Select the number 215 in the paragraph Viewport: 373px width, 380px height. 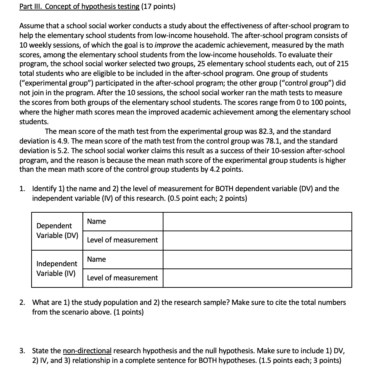[342, 64]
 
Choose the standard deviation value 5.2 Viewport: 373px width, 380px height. [60, 151]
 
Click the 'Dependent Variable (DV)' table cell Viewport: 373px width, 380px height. [57, 231]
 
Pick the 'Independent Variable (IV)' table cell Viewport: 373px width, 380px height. [57, 268]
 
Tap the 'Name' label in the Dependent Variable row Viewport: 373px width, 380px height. [97, 222]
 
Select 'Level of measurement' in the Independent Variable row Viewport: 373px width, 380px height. [122, 278]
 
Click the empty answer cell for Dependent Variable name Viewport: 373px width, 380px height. [257, 222]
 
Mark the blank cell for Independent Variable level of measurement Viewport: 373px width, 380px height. [257, 278]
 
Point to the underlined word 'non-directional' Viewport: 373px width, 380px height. [87, 351]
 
